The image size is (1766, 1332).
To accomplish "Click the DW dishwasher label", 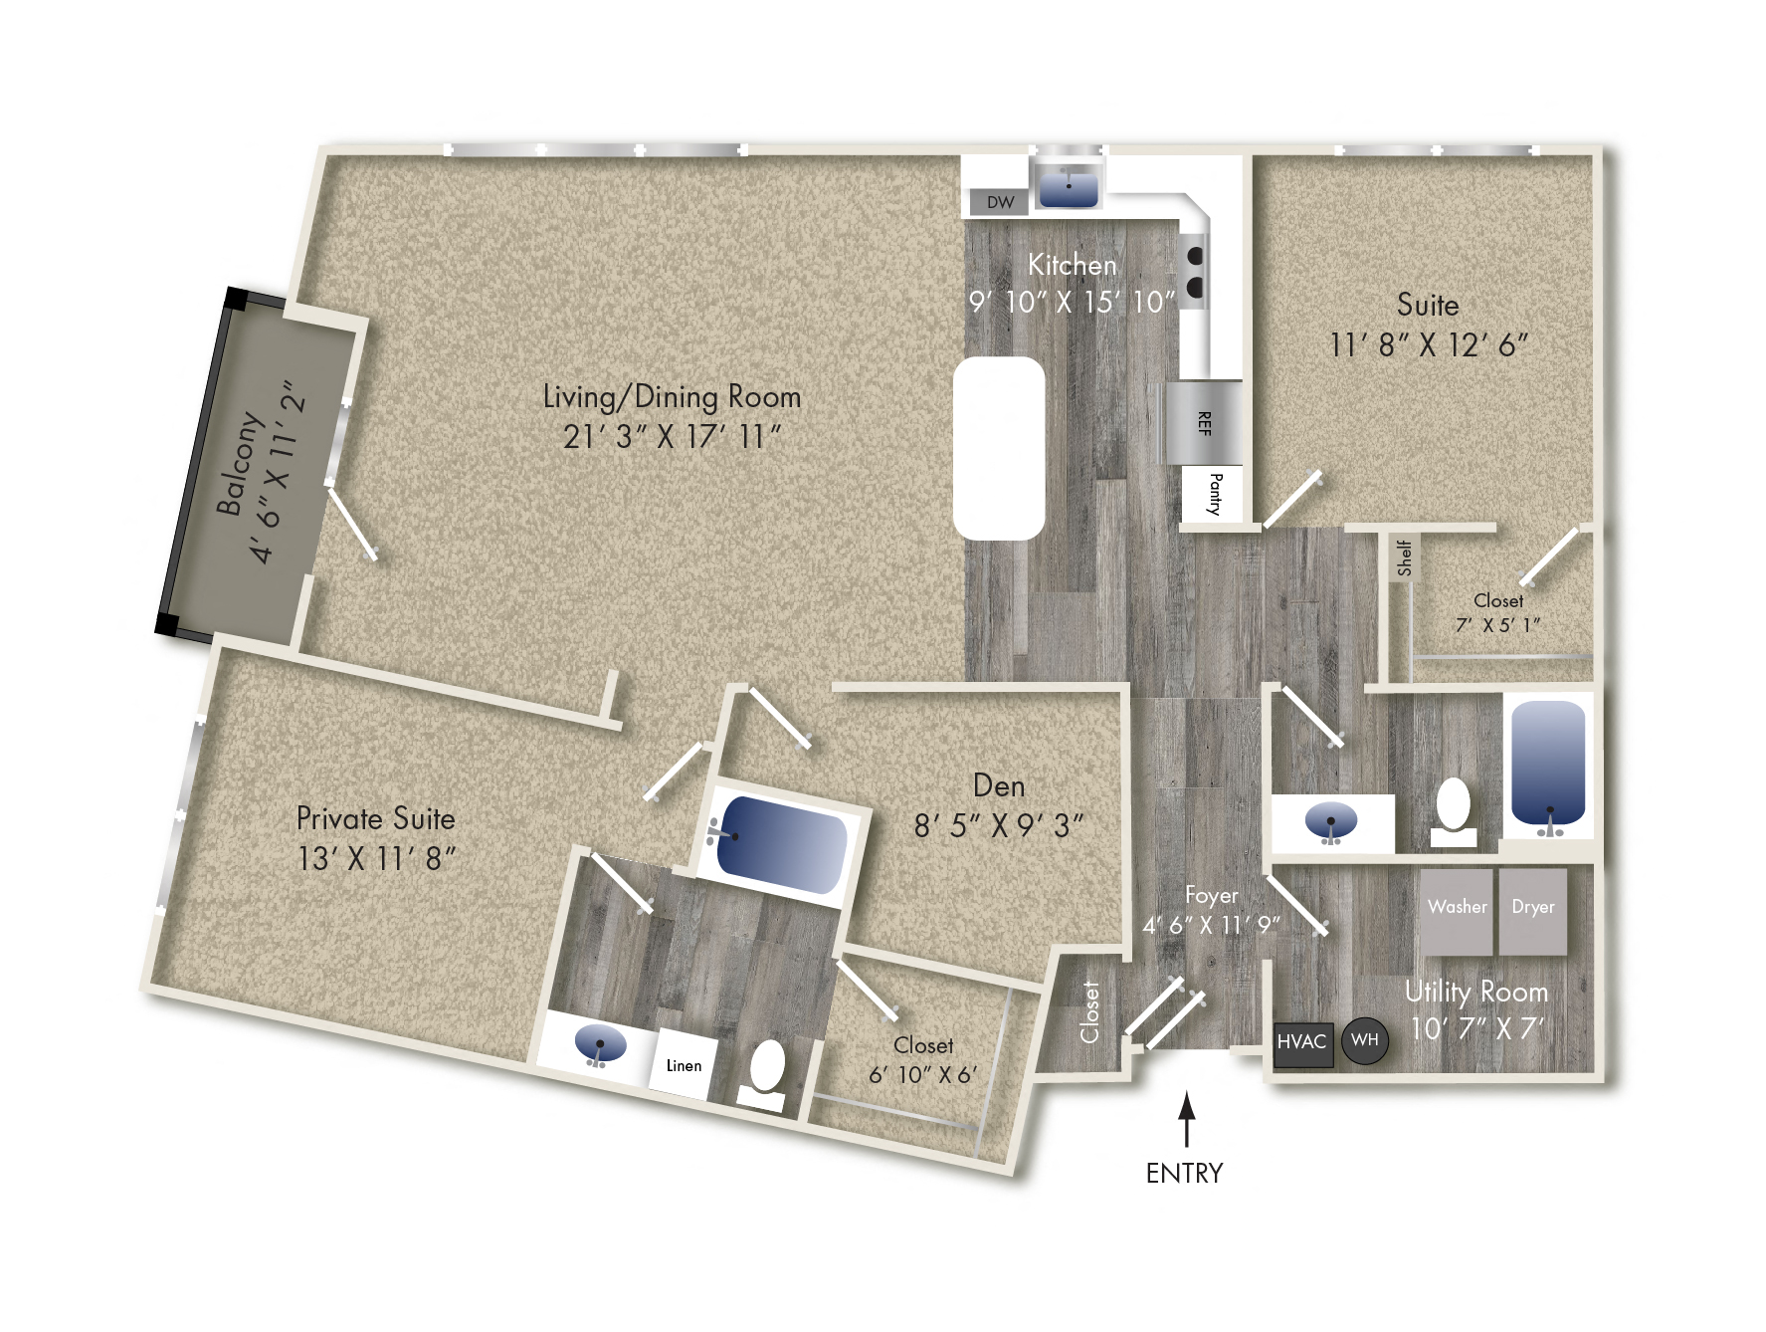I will point(1000,203).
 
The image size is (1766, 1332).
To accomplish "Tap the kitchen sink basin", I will point(1068,187).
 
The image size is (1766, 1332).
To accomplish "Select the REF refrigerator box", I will point(1204,423).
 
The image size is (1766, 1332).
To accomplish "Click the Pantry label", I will point(1213,494).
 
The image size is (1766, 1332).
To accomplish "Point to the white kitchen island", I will point(998,448).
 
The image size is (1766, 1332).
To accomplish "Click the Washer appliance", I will point(1457,911).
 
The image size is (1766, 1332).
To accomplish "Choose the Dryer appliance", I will point(1532,911).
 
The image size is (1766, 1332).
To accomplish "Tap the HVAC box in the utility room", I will point(1301,1042).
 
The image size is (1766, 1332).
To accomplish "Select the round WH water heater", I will point(1364,1040).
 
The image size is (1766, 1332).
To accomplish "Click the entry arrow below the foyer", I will point(1185,1119).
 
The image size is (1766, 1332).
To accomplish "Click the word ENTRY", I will point(1184,1173).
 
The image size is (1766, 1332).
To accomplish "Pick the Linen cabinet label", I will point(684,1065).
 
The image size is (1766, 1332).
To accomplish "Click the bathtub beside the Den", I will point(782,845).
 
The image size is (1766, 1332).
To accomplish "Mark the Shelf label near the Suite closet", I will point(1404,557).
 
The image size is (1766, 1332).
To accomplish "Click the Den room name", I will point(999,785).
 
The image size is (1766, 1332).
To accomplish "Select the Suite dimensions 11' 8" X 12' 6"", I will point(1428,345).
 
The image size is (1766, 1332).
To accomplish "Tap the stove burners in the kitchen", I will point(1194,272).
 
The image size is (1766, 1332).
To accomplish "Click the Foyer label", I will point(1211,895).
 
